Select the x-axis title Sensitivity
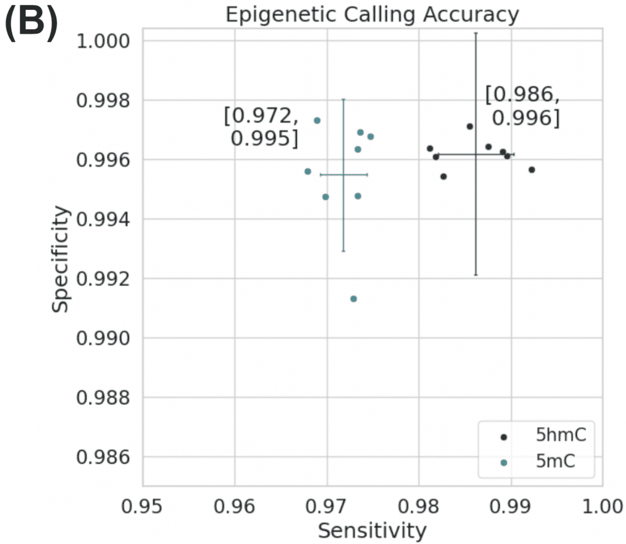click(372, 530)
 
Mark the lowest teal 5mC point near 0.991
click(353, 299)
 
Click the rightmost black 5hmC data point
click(532, 170)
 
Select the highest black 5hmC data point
click(469, 127)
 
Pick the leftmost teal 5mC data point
click(307, 171)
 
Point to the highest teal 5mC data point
click(317, 121)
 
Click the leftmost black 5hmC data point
click(430, 149)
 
